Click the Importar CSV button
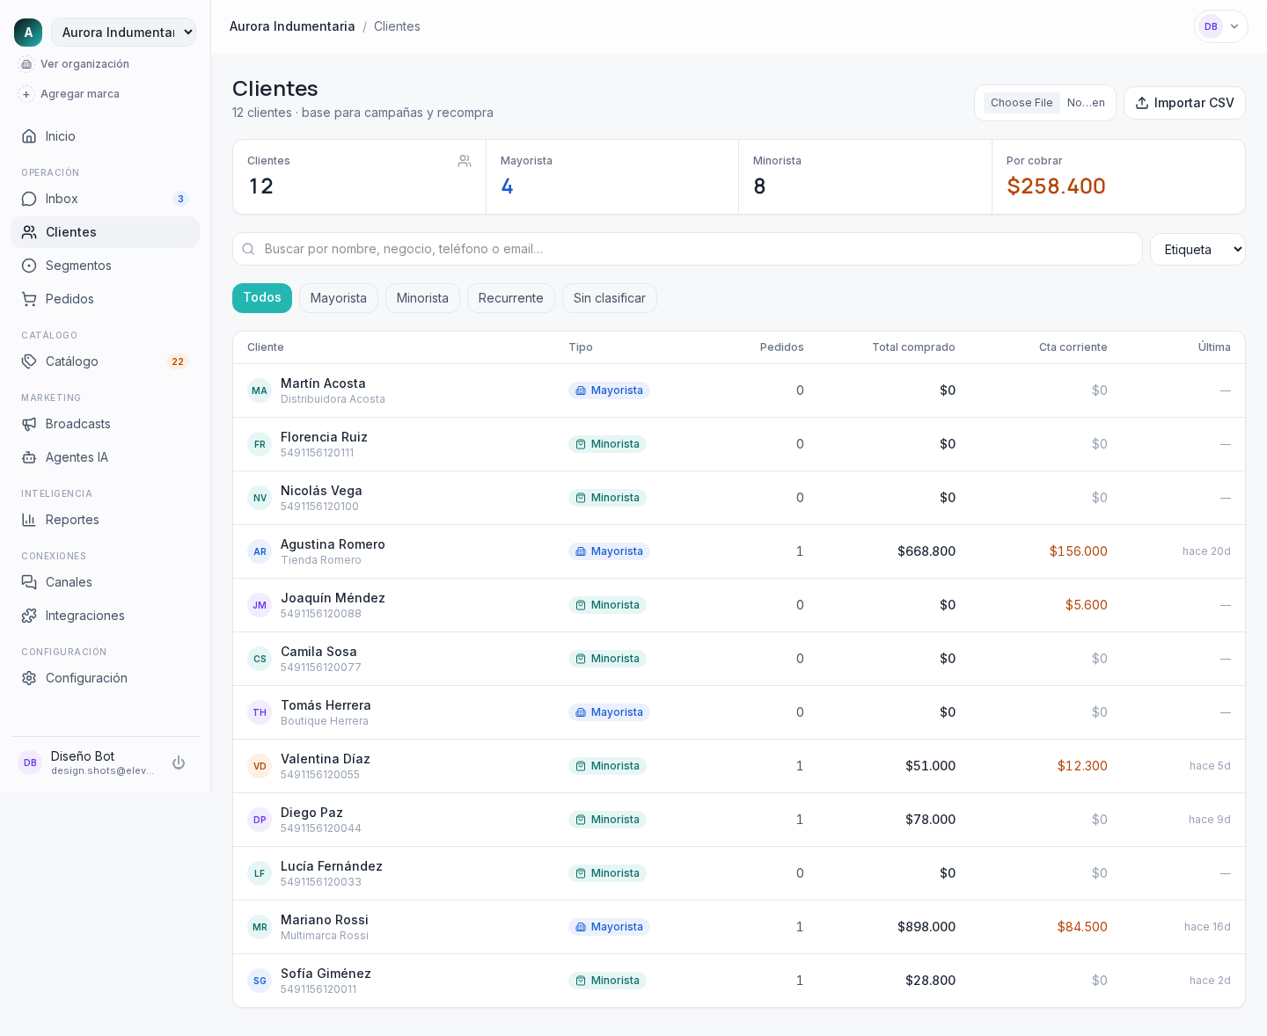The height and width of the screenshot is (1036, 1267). coord(1184,103)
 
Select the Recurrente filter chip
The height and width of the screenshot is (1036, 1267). coord(510,298)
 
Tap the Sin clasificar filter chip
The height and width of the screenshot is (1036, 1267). coord(609,298)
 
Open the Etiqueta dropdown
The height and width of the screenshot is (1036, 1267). coord(1197,249)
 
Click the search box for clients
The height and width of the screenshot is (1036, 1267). coord(686,249)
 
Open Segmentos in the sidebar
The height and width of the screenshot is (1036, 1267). coord(78,266)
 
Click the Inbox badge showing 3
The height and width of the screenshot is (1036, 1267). coord(180,199)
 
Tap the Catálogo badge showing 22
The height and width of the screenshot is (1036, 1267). coord(177,361)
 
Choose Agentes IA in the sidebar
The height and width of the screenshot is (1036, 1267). coord(77,457)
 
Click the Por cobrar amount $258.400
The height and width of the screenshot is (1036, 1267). coord(1056,186)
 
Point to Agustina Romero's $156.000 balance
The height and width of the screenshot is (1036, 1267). coord(1078,551)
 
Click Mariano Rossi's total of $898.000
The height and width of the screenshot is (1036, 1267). coord(926,927)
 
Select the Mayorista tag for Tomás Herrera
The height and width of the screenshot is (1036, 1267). coord(609,711)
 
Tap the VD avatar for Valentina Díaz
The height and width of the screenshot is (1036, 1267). coord(260,766)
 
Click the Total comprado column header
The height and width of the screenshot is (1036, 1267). coord(913,347)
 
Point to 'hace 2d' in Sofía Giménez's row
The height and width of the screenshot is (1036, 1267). coord(1209,980)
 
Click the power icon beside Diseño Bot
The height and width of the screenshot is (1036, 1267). coord(179,762)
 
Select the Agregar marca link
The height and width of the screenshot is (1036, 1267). coord(80,94)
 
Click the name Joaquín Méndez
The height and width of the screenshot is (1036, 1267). coord(333,597)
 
